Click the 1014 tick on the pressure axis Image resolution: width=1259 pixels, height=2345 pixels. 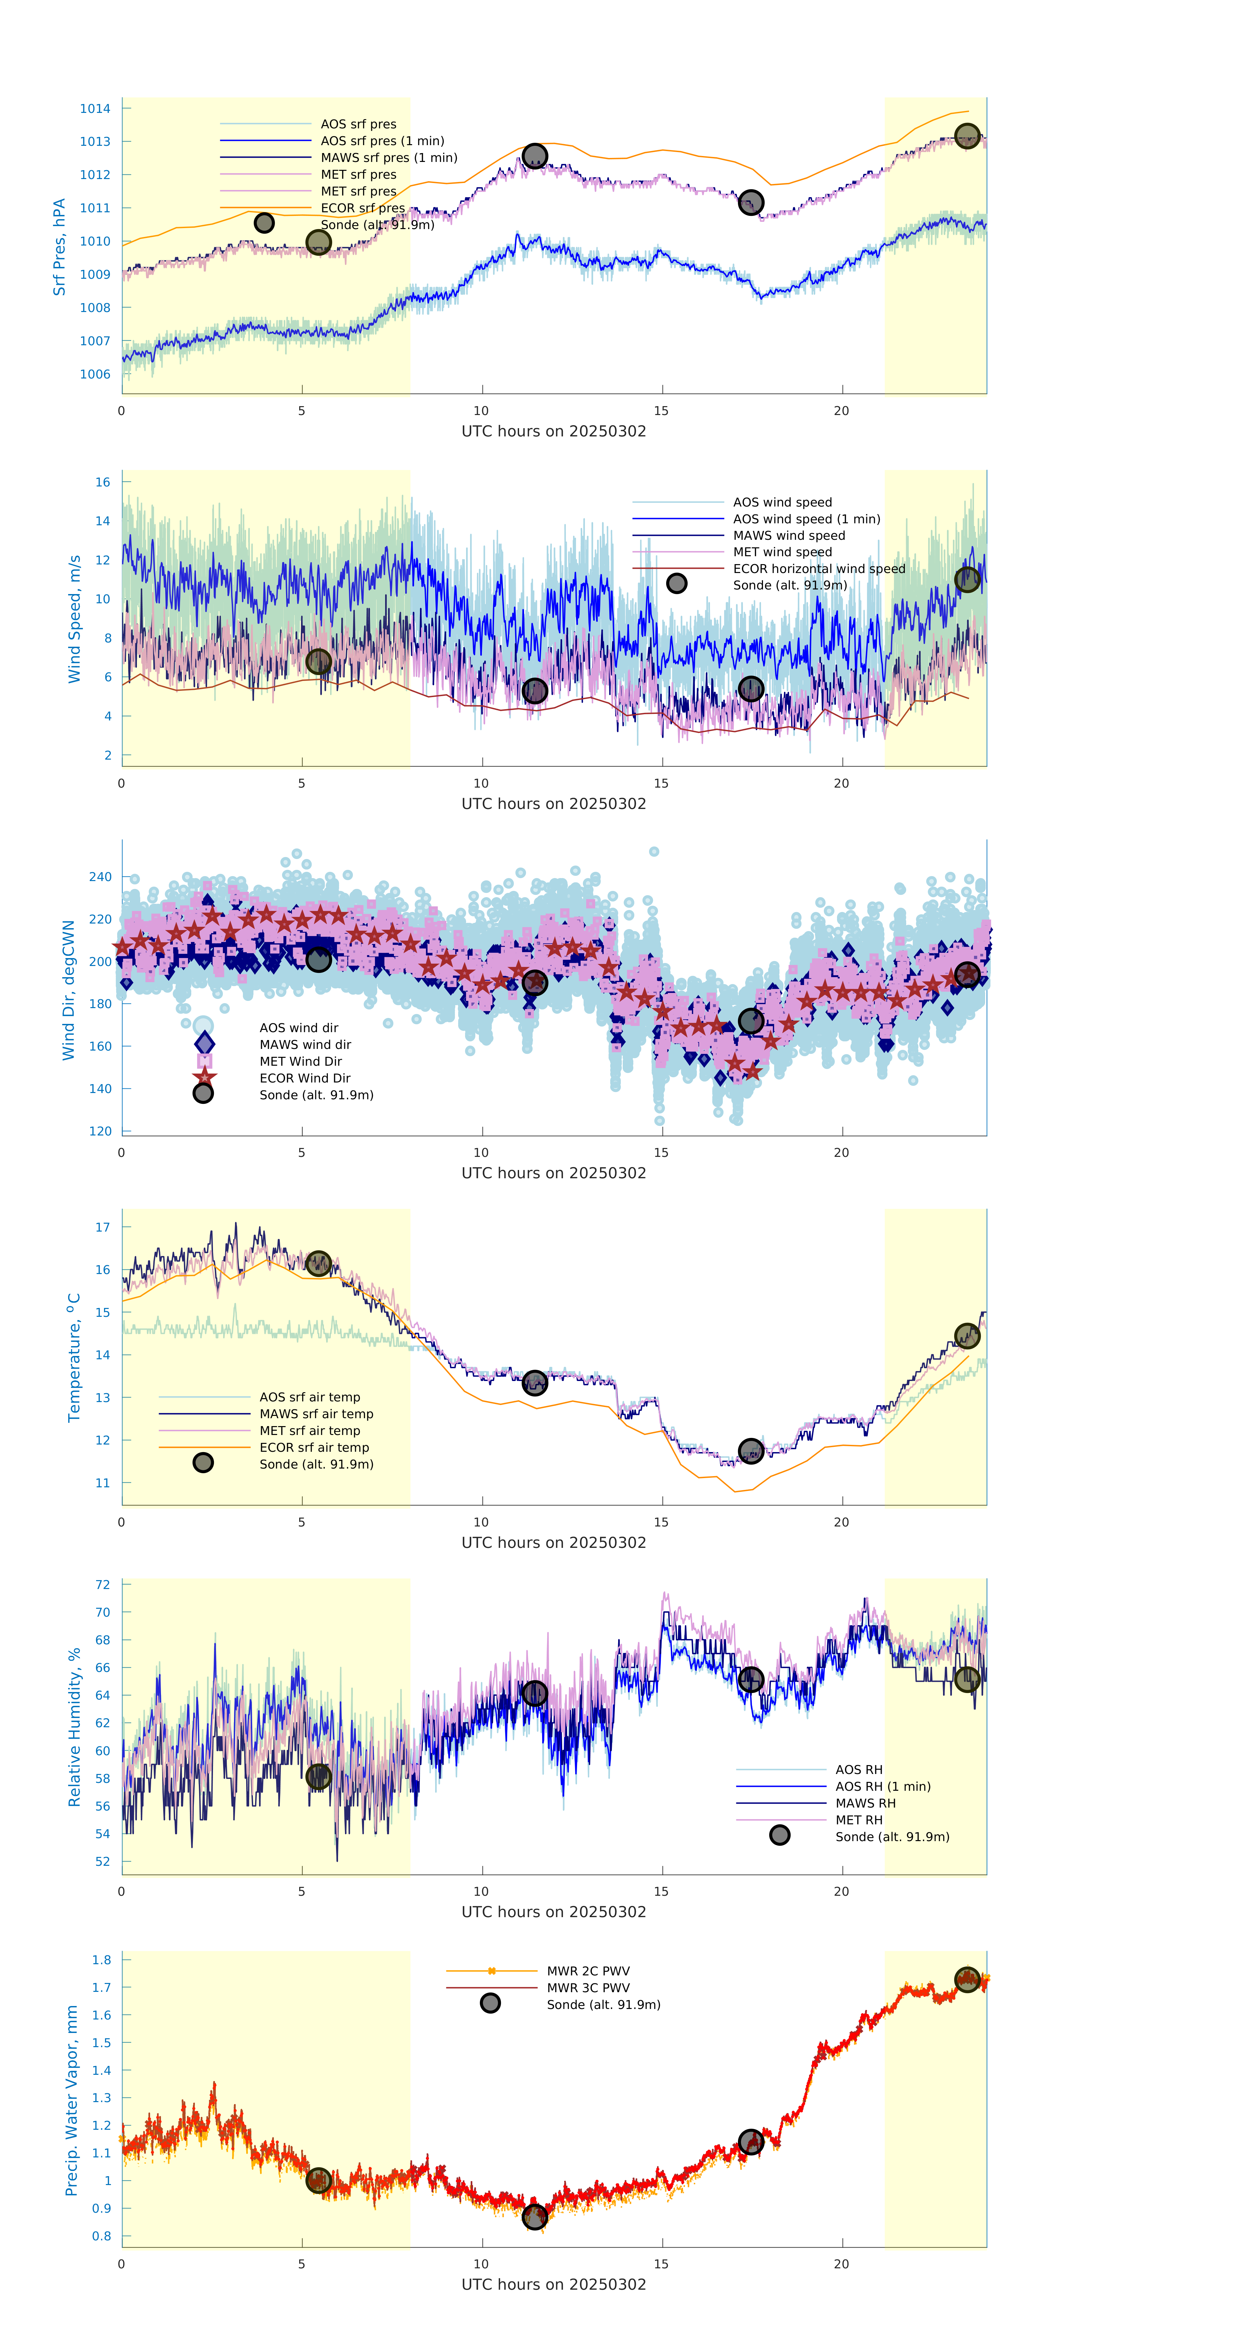coord(95,108)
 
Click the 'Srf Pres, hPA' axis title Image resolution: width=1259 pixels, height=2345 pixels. coord(59,247)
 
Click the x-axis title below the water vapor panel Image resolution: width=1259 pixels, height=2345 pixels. coord(554,2285)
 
